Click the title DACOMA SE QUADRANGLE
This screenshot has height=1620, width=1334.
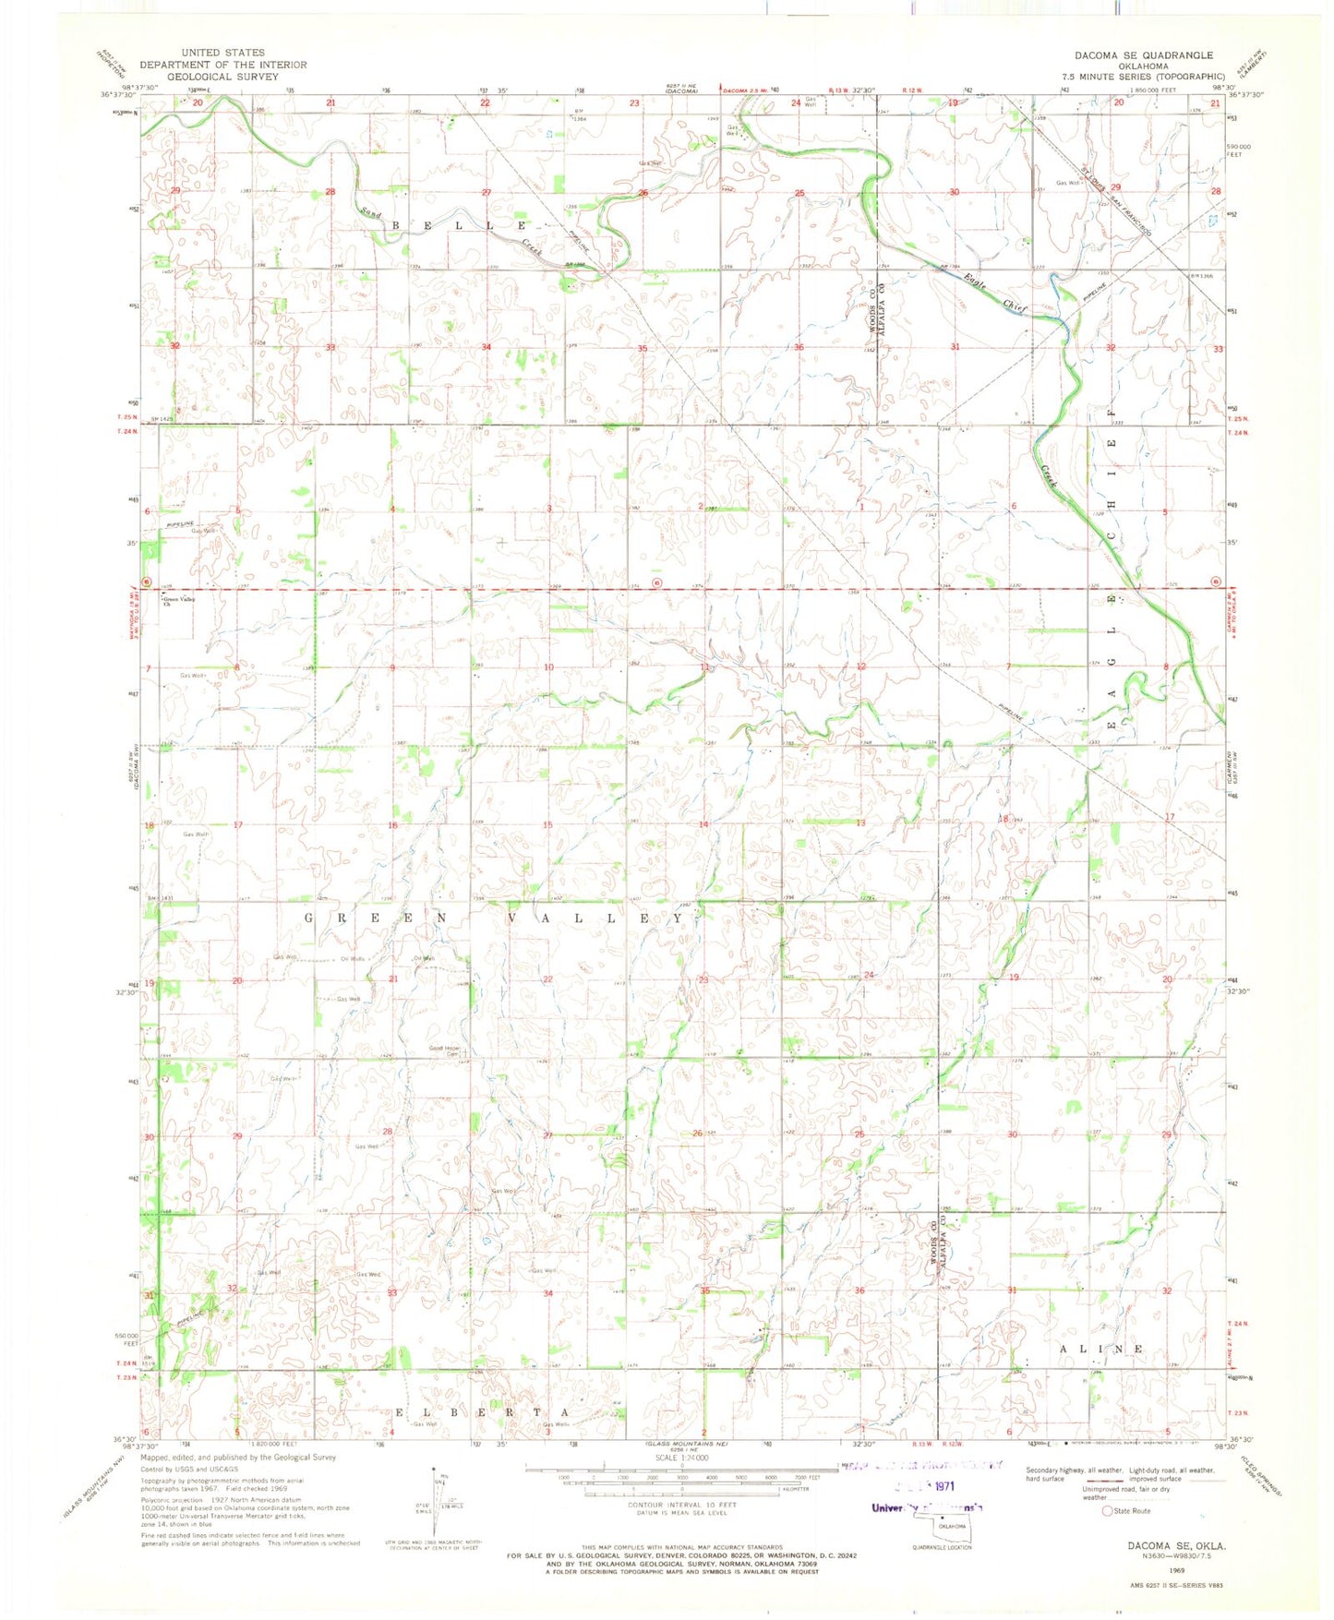[1143, 55]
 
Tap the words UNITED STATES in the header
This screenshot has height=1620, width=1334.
[222, 53]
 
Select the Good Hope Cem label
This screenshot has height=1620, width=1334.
[444, 1050]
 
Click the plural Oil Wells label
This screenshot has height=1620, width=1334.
[353, 959]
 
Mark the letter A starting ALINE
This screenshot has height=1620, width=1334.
[1064, 1349]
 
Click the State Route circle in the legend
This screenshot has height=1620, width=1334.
[1107, 1511]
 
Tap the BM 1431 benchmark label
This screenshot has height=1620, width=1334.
[159, 897]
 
